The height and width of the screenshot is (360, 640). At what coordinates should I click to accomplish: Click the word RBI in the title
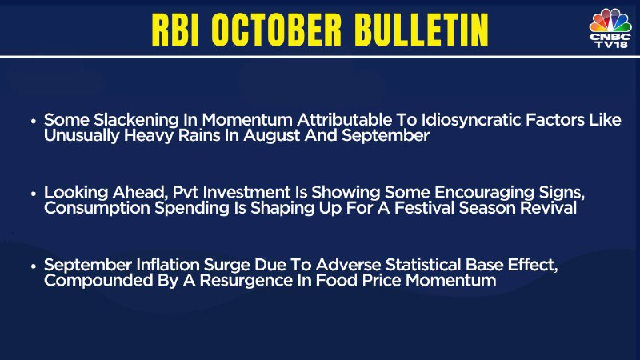pyautogui.click(x=175, y=30)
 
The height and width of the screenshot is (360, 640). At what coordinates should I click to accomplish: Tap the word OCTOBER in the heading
pyautogui.click(x=276, y=30)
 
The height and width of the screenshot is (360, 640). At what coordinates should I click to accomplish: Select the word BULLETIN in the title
pyautogui.click(x=421, y=30)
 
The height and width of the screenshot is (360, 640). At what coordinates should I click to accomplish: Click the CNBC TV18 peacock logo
pyautogui.click(x=610, y=28)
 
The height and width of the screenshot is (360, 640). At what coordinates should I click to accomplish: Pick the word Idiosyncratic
pyautogui.click(x=470, y=121)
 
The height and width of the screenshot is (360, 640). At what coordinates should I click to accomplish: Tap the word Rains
pyautogui.click(x=199, y=135)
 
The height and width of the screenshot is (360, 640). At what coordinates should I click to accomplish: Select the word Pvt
pyautogui.click(x=186, y=192)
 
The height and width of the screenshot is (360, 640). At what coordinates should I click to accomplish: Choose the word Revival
pyautogui.click(x=548, y=208)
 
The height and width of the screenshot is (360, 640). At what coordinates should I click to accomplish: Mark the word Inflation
pyautogui.click(x=168, y=265)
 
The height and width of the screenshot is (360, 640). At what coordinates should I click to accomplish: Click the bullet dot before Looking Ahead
pyautogui.click(x=34, y=194)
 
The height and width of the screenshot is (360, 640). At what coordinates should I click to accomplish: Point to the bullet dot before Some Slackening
pyautogui.click(x=34, y=122)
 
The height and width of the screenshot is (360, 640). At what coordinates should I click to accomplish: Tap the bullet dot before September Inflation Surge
pyautogui.click(x=34, y=266)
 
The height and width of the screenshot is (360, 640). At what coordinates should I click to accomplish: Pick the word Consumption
pyautogui.click(x=97, y=209)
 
